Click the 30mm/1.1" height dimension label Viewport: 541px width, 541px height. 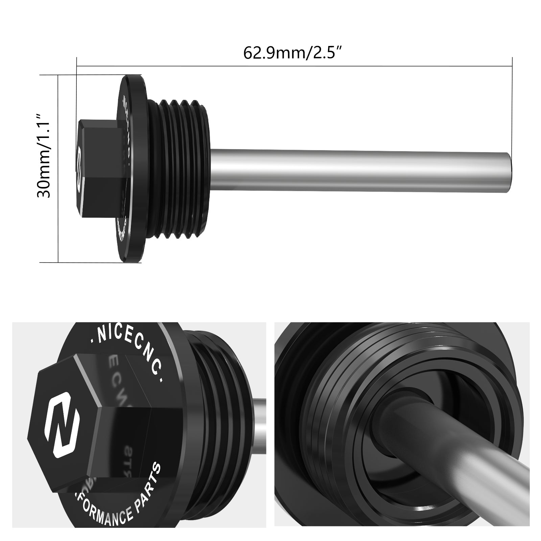point(44,155)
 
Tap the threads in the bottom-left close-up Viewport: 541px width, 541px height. point(216,389)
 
